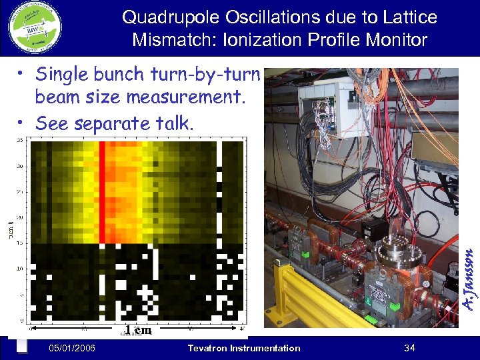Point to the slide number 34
(x=409, y=348)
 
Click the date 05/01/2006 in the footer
(x=72, y=348)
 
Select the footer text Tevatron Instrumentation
(x=244, y=348)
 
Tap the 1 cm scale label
(x=139, y=330)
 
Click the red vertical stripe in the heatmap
(x=103, y=193)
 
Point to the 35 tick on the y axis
(x=21, y=141)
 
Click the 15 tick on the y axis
(x=21, y=243)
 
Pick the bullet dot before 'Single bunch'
(x=22, y=73)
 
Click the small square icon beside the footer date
(x=21, y=347)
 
